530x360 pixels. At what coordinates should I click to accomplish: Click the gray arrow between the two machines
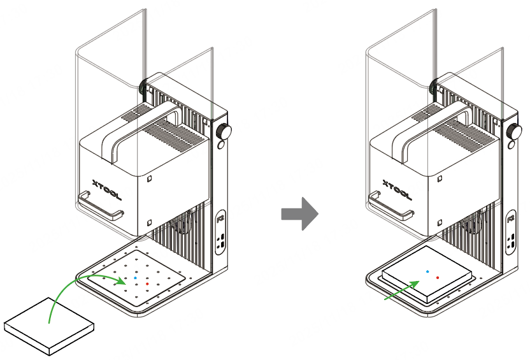299,213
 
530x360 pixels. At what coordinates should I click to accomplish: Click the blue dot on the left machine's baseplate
136,278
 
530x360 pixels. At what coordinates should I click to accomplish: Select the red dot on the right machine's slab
438,278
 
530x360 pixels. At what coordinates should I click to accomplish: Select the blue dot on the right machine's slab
427,271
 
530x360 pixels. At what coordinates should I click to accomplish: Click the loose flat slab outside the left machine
49,324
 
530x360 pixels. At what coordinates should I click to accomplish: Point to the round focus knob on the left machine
224,133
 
